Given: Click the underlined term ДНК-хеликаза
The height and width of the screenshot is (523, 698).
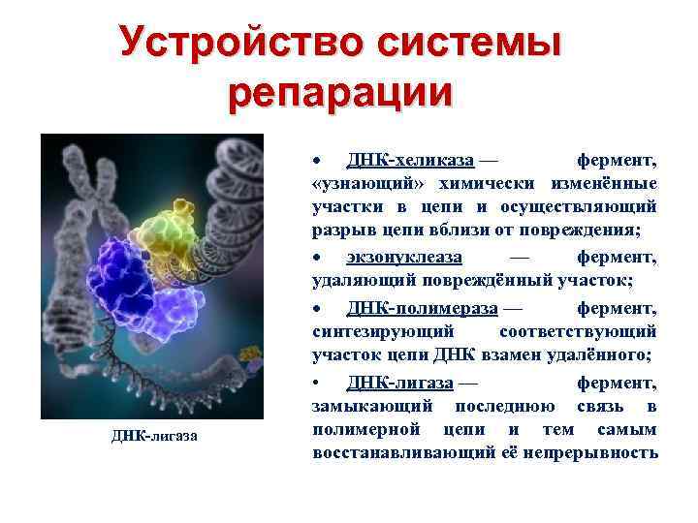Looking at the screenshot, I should pyautogui.click(x=398, y=159).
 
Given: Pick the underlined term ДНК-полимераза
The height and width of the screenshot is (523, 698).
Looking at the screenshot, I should pyautogui.click(x=422, y=308).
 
